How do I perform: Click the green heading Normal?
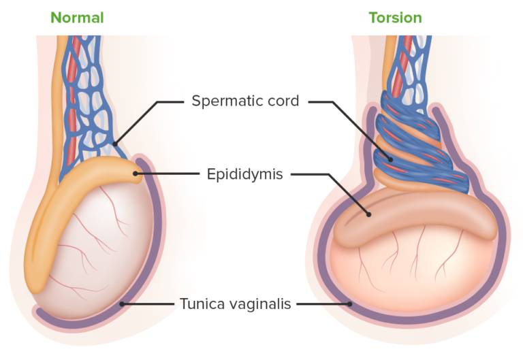coord(77,18)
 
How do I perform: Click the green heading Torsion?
coord(395,18)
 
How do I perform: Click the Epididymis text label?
coord(244,174)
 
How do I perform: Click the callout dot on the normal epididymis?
coord(136,174)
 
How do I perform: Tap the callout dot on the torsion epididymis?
coord(368,214)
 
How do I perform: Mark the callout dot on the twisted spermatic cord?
coord(391,159)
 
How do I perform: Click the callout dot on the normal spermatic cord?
coord(116,144)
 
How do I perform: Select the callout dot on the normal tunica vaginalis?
coord(122,304)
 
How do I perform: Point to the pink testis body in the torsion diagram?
coord(409,272)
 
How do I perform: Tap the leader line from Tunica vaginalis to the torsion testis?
coord(323,304)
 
